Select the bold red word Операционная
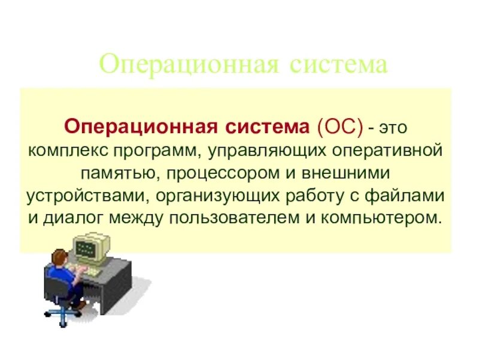point(141,127)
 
